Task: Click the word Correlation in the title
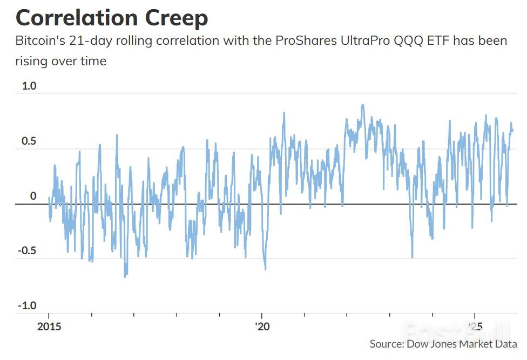pos(77,18)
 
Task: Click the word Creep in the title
pos(177,18)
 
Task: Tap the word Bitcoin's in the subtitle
pos(40,40)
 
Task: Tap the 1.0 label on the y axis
pos(29,86)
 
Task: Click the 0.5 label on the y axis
pos(29,141)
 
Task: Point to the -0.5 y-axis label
pos(27,251)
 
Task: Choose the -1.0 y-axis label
pos(27,305)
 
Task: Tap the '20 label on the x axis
pos(262,327)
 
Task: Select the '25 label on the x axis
pos(475,327)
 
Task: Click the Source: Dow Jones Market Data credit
pos(443,344)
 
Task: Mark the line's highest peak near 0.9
pos(363,105)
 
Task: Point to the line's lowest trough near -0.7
pos(125,277)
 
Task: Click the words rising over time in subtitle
pos(60,62)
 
